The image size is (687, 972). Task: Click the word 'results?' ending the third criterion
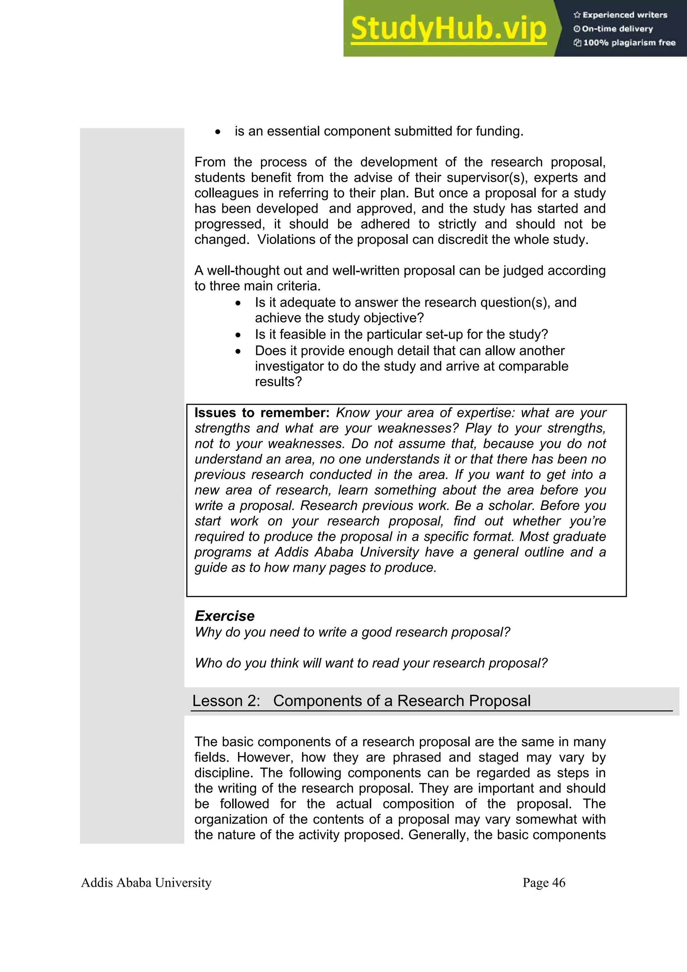click(278, 382)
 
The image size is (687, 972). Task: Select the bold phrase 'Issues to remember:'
click(262, 413)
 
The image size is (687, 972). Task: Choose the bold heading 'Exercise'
click(224, 616)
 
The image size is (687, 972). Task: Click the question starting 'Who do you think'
click(371, 663)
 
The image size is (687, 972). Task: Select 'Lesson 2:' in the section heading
click(226, 701)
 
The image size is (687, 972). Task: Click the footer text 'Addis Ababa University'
click(146, 883)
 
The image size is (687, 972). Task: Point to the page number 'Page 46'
click(543, 883)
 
